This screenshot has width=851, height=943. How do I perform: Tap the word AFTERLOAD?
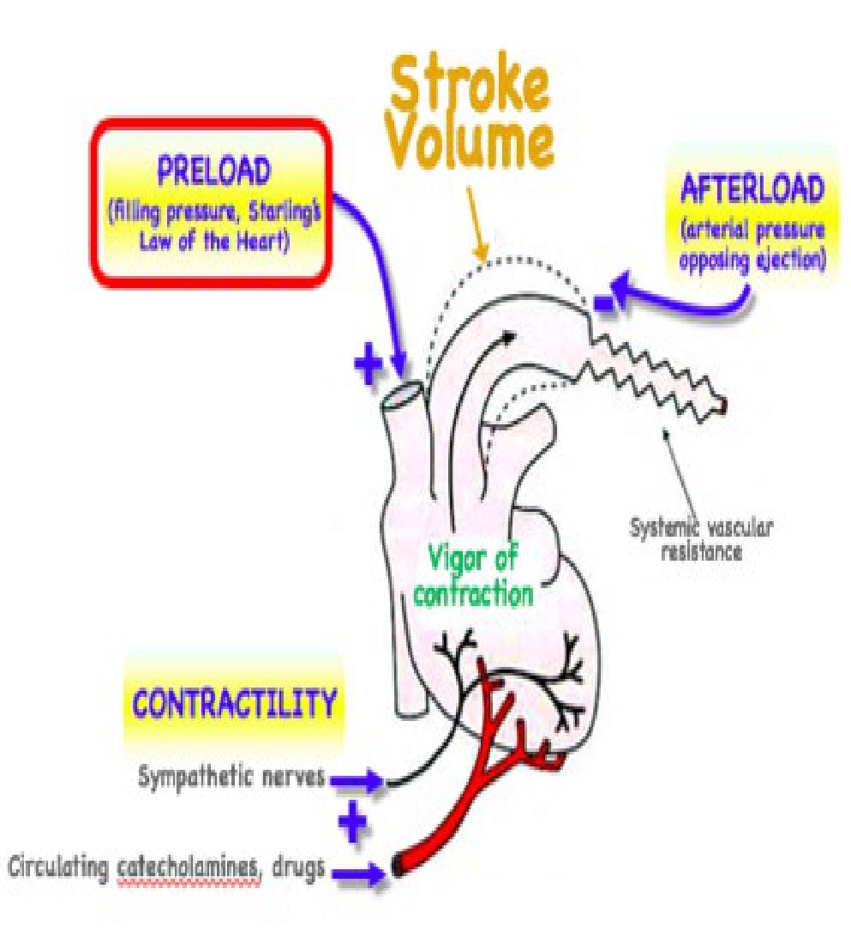pos(752,187)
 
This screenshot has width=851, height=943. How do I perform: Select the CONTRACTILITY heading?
pos(232,704)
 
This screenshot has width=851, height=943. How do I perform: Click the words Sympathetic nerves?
pos(231,779)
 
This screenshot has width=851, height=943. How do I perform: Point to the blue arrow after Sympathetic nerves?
pos(355,780)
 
